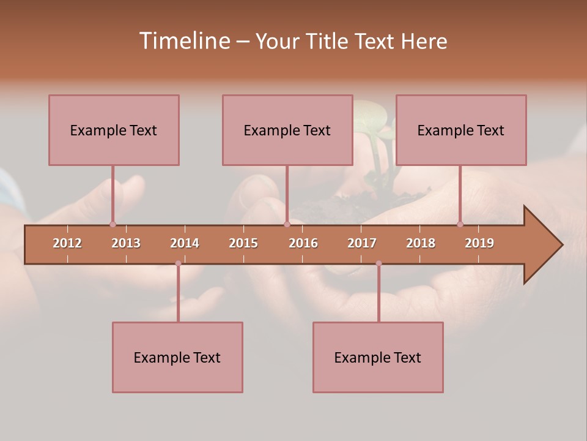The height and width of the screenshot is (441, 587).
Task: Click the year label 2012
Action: [67, 243]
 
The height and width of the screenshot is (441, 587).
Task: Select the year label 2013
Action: [126, 243]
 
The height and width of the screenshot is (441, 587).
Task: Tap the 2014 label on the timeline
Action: [185, 243]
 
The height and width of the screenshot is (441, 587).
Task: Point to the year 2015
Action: [243, 243]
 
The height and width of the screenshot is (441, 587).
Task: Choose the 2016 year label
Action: [303, 243]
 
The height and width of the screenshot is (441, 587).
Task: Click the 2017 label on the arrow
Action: [362, 243]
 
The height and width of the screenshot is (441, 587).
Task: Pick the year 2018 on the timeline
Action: [421, 243]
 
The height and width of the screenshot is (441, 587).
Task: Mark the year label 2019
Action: [479, 243]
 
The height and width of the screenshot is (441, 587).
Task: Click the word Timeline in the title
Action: [183, 41]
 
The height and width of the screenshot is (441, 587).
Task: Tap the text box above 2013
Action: [114, 130]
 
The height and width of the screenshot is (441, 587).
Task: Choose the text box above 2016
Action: [287, 130]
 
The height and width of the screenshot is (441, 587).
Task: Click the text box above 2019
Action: [461, 130]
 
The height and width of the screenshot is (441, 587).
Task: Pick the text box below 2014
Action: [177, 357]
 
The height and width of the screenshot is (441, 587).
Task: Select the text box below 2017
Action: [378, 357]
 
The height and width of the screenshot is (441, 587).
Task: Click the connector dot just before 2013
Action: [113, 224]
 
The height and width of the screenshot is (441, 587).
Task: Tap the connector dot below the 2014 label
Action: [178, 263]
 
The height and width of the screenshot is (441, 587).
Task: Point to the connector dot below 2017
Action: [378, 263]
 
